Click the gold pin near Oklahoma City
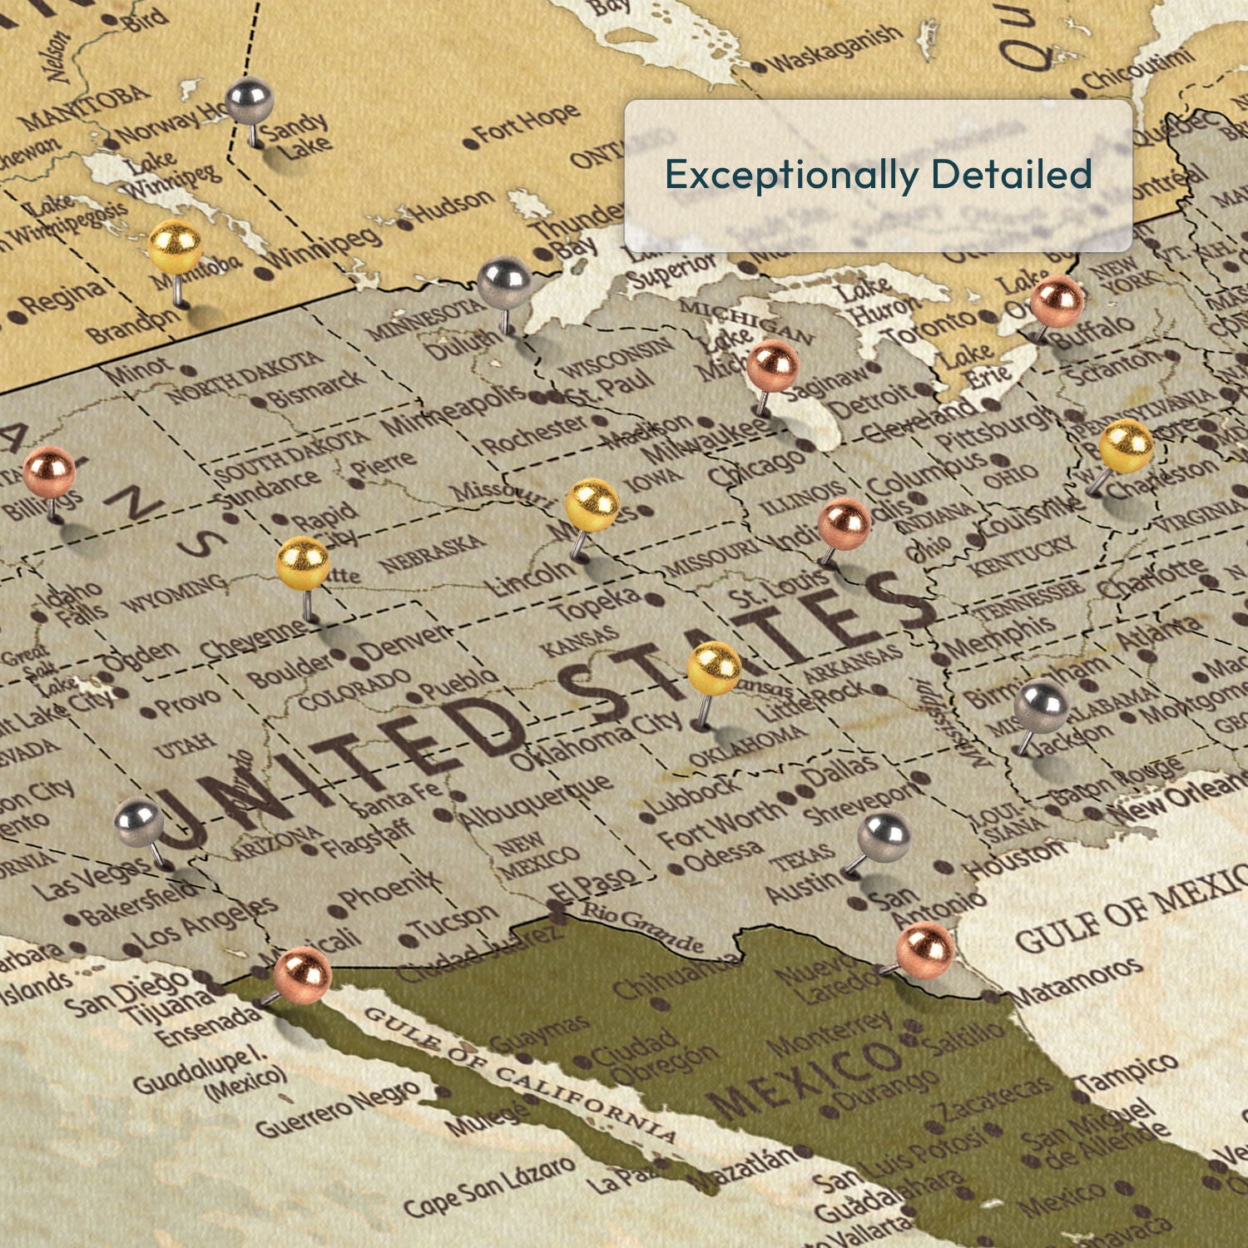tap(714, 668)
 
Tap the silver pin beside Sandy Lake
tap(250, 102)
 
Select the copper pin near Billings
tap(49, 472)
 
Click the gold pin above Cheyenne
tap(303, 563)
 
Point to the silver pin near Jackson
tap(1041, 706)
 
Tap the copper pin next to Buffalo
tap(1057, 301)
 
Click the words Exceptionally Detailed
tap(878, 175)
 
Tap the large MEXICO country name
tap(803, 1073)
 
